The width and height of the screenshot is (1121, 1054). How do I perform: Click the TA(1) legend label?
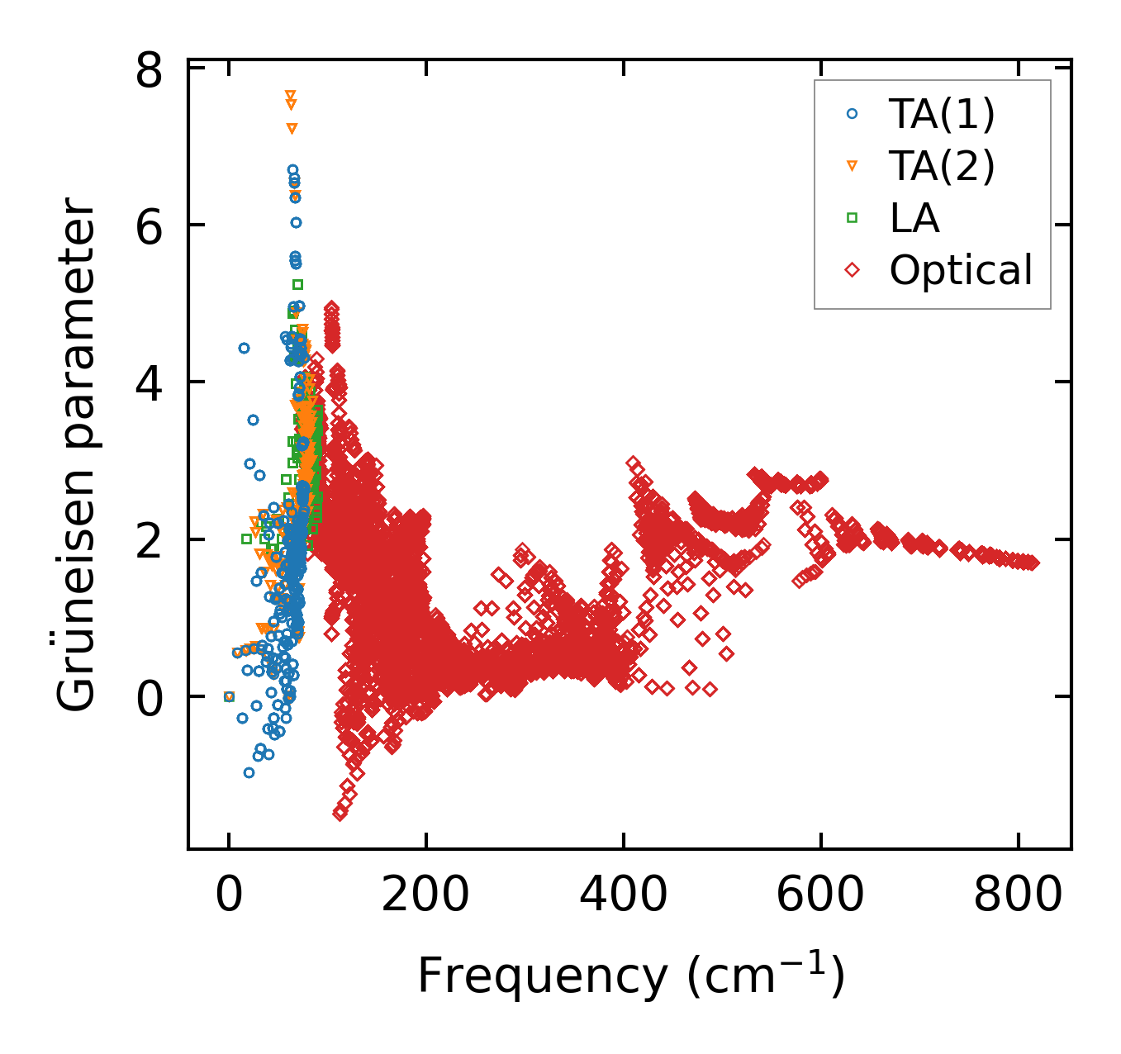[x=942, y=115]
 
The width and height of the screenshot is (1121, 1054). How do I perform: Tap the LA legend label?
[x=914, y=218]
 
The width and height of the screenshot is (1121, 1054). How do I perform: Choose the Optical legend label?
[x=961, y=270]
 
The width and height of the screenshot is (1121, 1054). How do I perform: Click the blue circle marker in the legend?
[x=853, y=115]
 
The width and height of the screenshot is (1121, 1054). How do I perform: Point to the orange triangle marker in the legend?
[x=853, y=167]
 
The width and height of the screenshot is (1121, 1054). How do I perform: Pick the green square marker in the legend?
[x=853, y=218]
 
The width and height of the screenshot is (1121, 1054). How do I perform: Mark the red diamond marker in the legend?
[x=853, y=270]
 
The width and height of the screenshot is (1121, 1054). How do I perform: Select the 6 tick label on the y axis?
[x=150, y=226]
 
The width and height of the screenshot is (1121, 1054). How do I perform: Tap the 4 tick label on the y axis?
[x=150, y=383]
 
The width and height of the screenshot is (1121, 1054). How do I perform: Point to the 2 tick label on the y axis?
[x=150, y=540]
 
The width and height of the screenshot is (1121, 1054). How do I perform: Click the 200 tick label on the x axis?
[x=425, y=895]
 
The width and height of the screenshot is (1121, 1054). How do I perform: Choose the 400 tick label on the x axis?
[x=623, y=895]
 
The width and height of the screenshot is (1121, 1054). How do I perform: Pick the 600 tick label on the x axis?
[x=820, y=895]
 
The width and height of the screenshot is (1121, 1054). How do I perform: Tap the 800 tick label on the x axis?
[x=1018, y=895]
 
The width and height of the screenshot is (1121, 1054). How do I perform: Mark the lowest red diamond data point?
[x=340, y=814]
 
